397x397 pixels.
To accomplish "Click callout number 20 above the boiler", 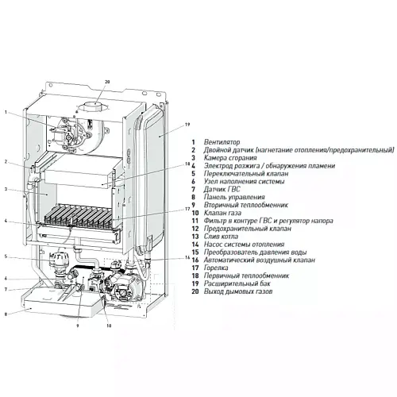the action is (x=107, y=82).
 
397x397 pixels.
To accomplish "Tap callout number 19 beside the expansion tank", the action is (x=187, y=125).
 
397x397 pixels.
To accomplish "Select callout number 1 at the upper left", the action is (x=6, y=112).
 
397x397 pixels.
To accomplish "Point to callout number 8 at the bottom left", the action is (x=6, y=314).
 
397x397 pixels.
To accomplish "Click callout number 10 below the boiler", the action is (x=109, y=326).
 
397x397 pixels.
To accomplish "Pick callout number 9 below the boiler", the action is (x=78, y=326).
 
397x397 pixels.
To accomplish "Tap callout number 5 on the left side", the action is (x=6, y=256).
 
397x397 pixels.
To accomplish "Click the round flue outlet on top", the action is (x=94, y=106).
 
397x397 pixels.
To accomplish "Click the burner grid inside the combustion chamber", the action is (x=79, y=215).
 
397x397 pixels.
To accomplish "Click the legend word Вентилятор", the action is (x=222, y=142).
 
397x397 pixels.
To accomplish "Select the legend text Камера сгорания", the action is (x=230, y=158).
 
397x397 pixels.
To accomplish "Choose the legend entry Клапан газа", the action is (x=222, y=213).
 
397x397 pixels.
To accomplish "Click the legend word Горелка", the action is (x=216, y=268).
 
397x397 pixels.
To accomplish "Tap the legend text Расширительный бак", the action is (x=237, y=283).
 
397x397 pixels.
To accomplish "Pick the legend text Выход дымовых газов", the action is (x=238, y=291).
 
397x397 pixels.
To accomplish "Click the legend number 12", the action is (x=195, y=229).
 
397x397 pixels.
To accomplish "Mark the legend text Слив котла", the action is (x=221, y=237).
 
